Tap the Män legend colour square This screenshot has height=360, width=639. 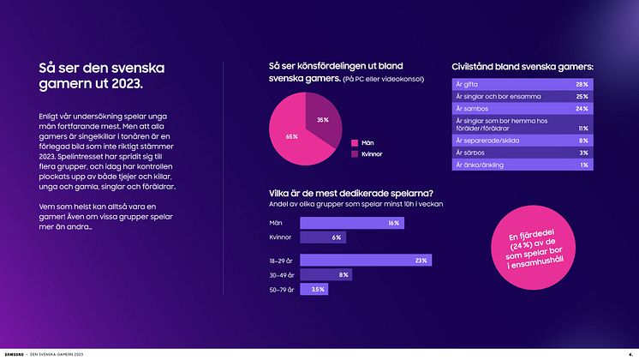[x=354, y=143]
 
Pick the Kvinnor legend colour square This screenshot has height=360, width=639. [x=354, y=154]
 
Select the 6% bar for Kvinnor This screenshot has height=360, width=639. [x=324, y=237]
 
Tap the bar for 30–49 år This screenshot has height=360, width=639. [x=326, y=275]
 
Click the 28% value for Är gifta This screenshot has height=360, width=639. [x=582, y=85]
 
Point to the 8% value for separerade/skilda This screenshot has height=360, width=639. [x=583, y=140]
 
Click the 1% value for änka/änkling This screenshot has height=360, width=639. [x=584, y=164]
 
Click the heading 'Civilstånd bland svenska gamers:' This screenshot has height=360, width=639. [x=523, y=66]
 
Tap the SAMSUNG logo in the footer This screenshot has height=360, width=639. [x=15, y=352]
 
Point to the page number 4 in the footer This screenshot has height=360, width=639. [x=630, y=352]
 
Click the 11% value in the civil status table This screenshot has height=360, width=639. [x=582, y=128]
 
